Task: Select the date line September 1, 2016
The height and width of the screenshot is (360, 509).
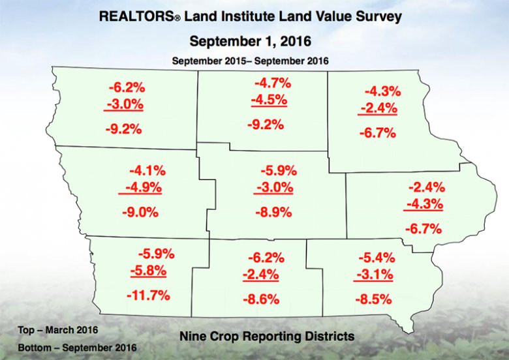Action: [254, 41]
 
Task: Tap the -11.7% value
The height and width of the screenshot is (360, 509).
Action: [147, 295]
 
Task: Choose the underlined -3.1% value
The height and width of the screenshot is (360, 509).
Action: [374, 276]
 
